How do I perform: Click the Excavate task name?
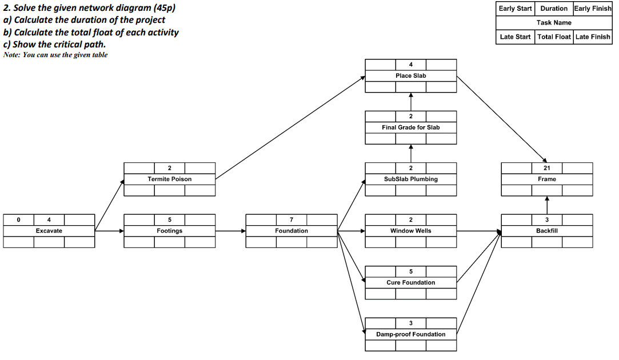(49, 231)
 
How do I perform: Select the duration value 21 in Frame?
(547, 168)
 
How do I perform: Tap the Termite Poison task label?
(170, 179)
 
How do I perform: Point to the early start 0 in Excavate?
(18, 220)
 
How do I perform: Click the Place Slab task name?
(411, 76)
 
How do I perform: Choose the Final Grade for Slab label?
(411, 127)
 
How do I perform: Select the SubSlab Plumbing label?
(411, 179)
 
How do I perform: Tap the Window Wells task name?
(411, 231)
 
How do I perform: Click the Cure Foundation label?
(411, 283)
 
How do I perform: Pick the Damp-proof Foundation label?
(411, 334)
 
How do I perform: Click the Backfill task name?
(547, 231)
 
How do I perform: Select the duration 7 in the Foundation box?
(291, 220)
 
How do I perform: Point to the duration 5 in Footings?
(170, 220)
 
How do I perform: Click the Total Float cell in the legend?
(554, 37)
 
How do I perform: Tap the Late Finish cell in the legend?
(593, 37)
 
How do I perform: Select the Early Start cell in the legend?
(515, 9)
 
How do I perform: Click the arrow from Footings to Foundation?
(230, 231)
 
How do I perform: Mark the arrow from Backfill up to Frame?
(547, 205)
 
